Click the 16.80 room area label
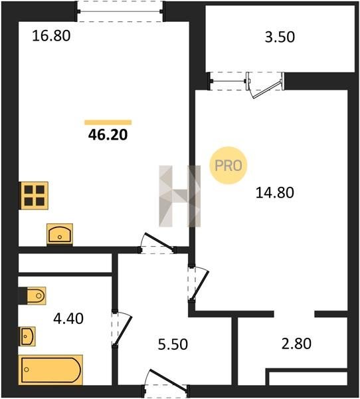pyautogui.click(x=51, y=36)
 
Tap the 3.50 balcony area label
pyautogui.click(x=280, y=37)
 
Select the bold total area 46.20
pyautogui.click(x=108, y=135)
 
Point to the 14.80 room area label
pyautogui.click(x=275, y=192)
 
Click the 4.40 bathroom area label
pyautogui.click(x=68, y=319)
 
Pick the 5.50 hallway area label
pyautogui.click(x=173, y=344)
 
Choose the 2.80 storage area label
pyautogui.click(x=296, y=343)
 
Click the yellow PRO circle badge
pyautogui.click(x=228, y=166)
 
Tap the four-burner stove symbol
pyautogui.click(x=34, y=196)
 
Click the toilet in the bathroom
pyautogui.click(x=33, y=296)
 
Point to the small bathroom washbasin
pyautogui.click(x=28, y=336)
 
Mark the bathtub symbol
pyautogui.click(x=50, y=370)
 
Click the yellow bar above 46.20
pyautogui.click(x=108, y=122)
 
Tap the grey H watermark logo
pyautogui.click(x=180, y=196)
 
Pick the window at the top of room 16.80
pyautogui.click(x=120, y=11)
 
